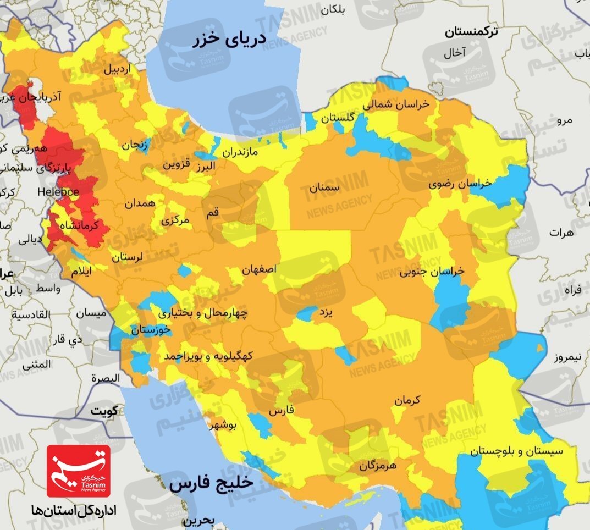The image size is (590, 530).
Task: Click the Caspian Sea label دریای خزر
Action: pos(230,40)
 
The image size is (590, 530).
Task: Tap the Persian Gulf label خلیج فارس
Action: pos(212,484)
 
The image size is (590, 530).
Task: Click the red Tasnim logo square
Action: pos(78,471)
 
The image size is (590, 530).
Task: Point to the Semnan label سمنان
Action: pos(324,187)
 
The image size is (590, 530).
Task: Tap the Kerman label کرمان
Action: pos(406,400)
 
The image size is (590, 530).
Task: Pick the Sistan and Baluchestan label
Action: pos(517,451)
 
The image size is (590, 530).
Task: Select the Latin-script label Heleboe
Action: pos(58,192)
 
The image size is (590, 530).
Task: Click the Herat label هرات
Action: pos(561,233)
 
